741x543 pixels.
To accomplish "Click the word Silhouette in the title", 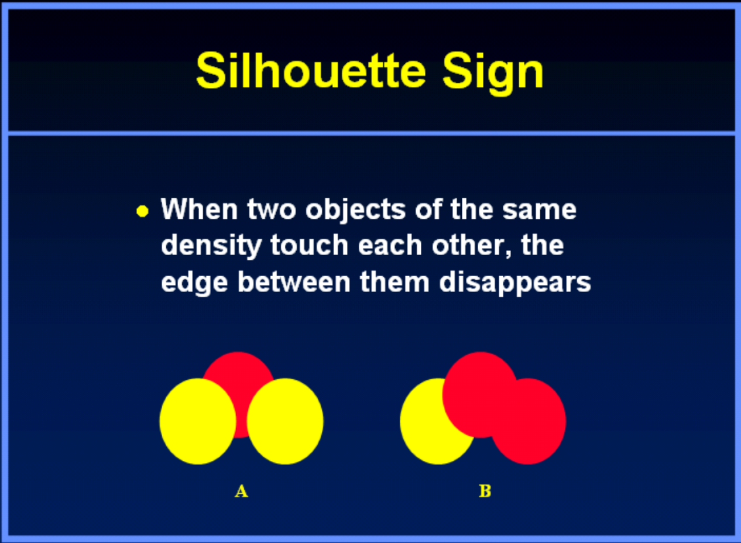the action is tap(311, 70).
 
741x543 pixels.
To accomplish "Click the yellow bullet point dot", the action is tap(142, 211).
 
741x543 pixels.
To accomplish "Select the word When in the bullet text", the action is tap(199, 209).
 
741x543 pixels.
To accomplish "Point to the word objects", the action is tap(356, 211).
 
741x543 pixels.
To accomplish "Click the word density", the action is tap(211, 247).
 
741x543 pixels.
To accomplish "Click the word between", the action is tap(294, 281).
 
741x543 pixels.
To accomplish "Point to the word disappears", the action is tap(515, 284).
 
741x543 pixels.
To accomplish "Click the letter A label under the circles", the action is tap(241, 491).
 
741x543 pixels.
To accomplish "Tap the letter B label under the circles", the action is tap(485, 491).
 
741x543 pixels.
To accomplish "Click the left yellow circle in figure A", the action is tap(198, 421).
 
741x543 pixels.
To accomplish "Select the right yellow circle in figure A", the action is tap(285, 421).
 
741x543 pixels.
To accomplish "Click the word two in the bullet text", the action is tap(272, 209).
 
